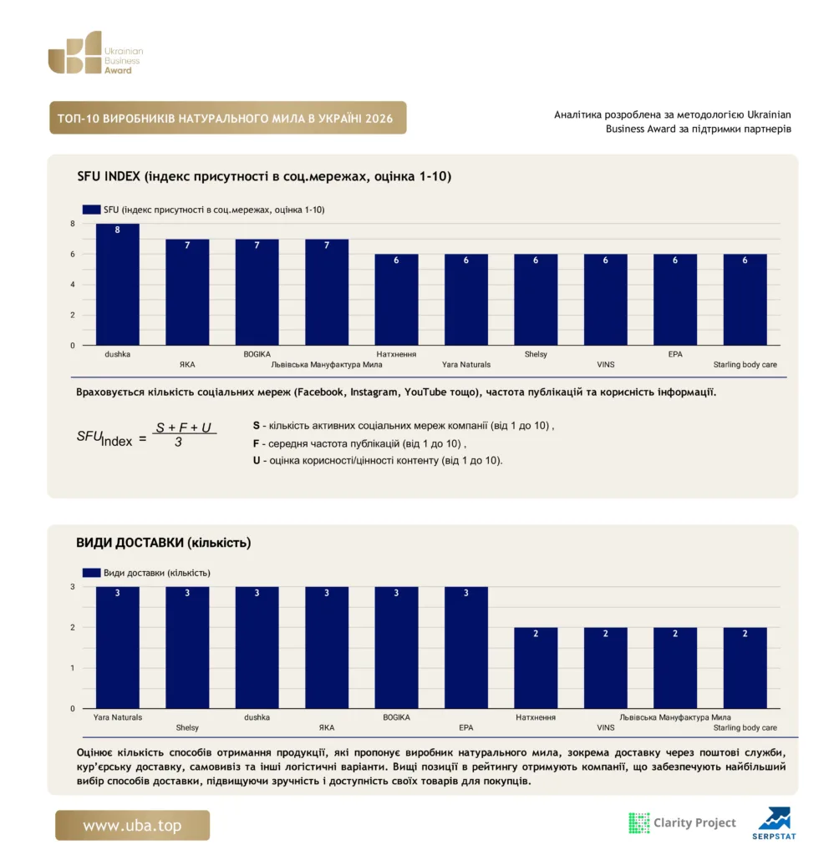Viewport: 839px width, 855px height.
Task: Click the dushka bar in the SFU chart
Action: tap(117, 284)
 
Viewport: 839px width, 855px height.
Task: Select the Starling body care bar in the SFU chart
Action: tap(745, 300)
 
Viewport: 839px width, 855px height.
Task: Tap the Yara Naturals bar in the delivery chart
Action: tap(117, 648)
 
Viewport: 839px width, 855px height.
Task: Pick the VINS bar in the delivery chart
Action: tap(605, 668)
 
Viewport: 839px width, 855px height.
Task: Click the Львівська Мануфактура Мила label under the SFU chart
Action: tap(327, 365)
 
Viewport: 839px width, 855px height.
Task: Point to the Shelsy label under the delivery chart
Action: tap(187, 728)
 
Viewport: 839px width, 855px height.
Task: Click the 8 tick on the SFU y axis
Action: tap(73, 224)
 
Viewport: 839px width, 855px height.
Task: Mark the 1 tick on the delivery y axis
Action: tap(73, 668)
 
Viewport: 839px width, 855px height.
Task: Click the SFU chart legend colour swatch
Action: tap(91, 210)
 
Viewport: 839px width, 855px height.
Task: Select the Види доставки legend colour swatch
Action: tap(91, 573)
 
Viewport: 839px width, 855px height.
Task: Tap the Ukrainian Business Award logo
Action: tap(95, 53)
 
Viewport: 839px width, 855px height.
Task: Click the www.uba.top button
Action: tap(132, 825)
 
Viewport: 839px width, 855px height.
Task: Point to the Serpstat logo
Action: tap(774, 823)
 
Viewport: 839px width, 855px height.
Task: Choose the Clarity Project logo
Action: tap(683, 822)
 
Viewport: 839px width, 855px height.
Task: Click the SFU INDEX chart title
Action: tap(264, 177)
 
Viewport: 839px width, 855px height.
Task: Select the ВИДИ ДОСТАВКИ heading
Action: tap(163, 543)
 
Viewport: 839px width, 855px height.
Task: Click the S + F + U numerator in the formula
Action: tap(183, 427)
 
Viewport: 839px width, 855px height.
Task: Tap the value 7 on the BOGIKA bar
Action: tap(257, 245)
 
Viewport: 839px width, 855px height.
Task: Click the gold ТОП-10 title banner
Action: tap(227, 118)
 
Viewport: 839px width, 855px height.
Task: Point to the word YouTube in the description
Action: tap(425, 392)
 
